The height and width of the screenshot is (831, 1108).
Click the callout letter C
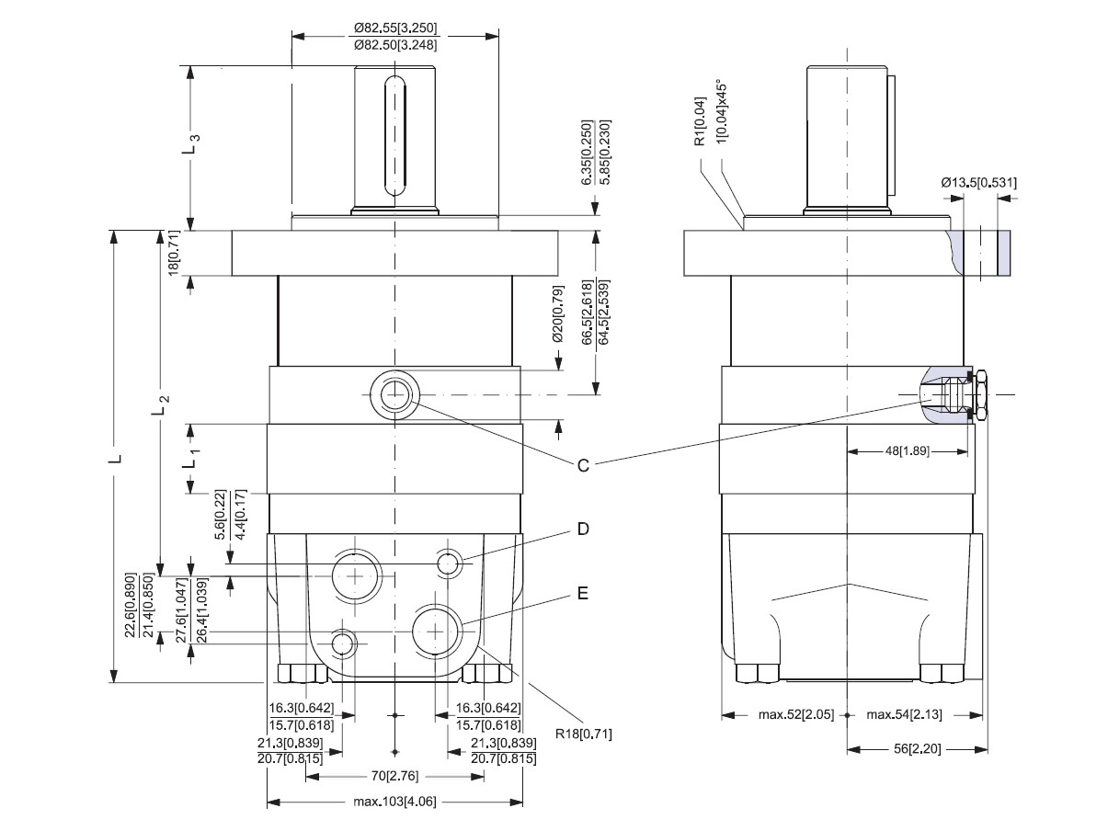pos(582,466)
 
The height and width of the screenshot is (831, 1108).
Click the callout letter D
pos(582,529)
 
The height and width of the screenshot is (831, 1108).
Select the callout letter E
pos(582,595)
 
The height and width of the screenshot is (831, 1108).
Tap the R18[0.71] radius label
pos(584,734)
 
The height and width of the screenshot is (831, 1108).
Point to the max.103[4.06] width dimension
pos(394,802)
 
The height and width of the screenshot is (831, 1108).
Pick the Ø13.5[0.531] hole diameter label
pos(978,183)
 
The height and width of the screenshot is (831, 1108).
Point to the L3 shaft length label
pos(191,145)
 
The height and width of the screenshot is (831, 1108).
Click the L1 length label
pos(191,457)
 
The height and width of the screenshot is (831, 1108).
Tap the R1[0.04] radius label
pos(700,121)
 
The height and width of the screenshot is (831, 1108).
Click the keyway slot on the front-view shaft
pos(394,138)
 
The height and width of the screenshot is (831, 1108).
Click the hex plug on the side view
pos(979,395)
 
